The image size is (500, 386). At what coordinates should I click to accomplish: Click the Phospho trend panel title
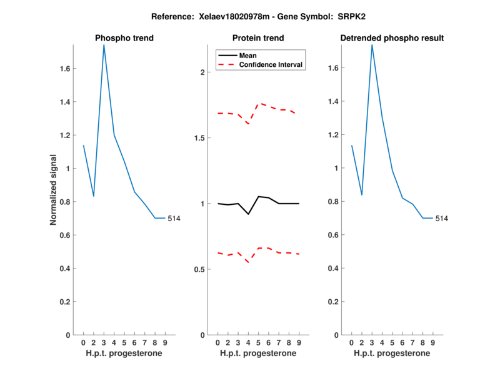click(124, 38)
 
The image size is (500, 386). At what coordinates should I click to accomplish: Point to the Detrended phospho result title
click(392, 38)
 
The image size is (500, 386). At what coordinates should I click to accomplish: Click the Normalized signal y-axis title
click(54, 189)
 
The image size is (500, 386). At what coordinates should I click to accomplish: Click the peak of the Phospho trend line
click(104, 44)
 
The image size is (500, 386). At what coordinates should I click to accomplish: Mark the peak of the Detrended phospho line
click(372, 44)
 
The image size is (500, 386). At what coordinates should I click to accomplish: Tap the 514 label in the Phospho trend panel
click(174, 218)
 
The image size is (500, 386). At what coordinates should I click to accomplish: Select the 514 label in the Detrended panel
click(442, 218)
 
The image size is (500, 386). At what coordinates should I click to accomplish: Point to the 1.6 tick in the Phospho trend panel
click(64, 69)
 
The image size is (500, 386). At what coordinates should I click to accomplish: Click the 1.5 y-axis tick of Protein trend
click(198, 137)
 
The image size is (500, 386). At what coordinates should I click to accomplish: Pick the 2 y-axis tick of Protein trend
click(202, 72)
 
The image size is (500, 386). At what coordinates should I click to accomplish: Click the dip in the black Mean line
click(248, 214)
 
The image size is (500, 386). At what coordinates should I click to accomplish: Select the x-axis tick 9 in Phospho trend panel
click(165, 342)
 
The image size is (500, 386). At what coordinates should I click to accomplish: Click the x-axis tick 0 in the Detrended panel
click(351, 342)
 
